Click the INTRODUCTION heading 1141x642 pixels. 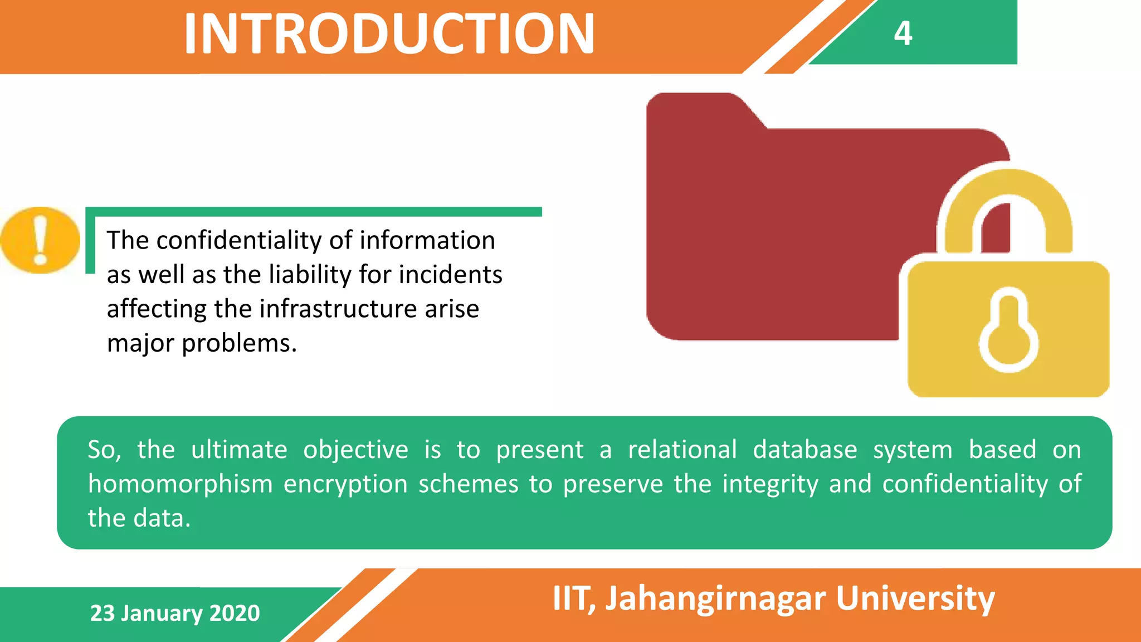389,35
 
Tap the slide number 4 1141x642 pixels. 903,33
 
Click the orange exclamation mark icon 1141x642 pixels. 40,240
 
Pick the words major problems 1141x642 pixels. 202,343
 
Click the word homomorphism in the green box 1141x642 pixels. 180,484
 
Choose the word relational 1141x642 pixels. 682,449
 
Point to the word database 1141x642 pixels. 804,450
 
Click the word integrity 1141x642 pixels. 770,484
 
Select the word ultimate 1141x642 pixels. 239,449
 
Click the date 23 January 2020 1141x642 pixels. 175,613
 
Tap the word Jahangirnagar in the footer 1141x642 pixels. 715,599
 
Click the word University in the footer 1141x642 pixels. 915,599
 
